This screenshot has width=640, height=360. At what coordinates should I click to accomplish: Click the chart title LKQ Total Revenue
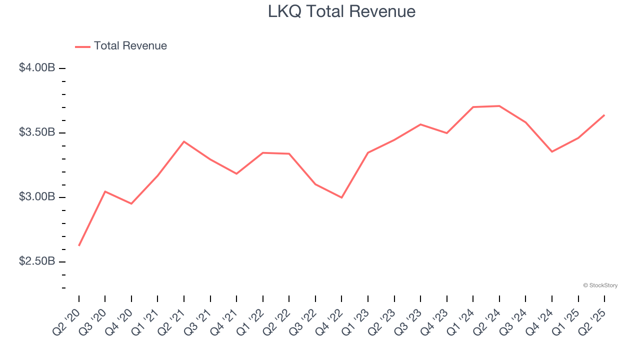[341, 11]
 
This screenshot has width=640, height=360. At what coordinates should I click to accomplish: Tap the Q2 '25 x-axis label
[593, 322]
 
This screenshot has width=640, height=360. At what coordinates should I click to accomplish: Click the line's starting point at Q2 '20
[79, 245]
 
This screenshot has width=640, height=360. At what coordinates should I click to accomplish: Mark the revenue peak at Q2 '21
[184, 141]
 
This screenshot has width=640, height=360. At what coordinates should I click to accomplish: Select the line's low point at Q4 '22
[341, 197]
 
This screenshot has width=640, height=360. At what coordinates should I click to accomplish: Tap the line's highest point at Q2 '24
[499, 106]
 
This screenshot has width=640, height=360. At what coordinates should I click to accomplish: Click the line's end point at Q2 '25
[604, 115]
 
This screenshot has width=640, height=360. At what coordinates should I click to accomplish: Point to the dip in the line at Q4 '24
[552, 151]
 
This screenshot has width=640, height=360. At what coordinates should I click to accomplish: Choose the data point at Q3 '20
[105, 191]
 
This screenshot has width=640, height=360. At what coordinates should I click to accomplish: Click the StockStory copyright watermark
[600, 285]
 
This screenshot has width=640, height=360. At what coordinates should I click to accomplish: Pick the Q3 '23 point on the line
[420, 124]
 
